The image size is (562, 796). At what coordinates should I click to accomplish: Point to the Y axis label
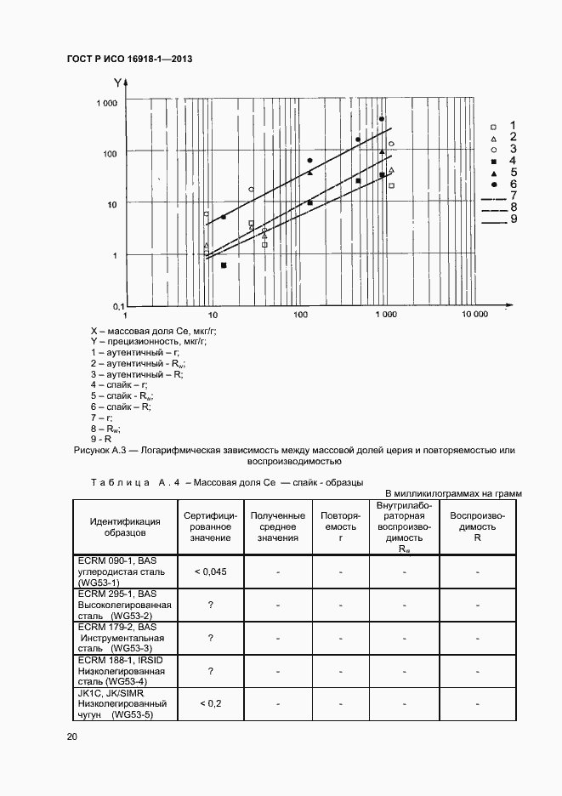click(x=117, y=82)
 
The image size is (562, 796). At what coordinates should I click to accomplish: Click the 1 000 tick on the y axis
click(x=106, y=103)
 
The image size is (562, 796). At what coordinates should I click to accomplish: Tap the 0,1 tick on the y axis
click(x=111, y=305)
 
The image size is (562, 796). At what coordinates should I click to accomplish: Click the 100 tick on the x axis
click(x=301, y=315)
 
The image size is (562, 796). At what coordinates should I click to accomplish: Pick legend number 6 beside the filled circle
click(x=514, y=184)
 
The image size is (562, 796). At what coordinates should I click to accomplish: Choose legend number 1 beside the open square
click(x=513, y=125)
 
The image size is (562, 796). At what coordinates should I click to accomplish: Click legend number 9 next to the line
click(x=514, y=220)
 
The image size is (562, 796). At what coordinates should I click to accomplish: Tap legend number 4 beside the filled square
click(x=514, y=160)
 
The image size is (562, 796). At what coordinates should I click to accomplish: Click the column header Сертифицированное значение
click(x=209, y=526)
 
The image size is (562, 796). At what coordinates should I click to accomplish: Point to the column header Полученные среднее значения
click(x=277, y=526)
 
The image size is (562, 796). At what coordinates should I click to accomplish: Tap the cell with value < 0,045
click(x=209, y=571)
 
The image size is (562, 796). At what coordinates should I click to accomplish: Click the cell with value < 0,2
click(x=209, y=703)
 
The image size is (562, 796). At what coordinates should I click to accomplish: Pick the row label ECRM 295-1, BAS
click(x=116, y=593)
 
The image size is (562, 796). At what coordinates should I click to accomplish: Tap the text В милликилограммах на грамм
click(x=453, y=493)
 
